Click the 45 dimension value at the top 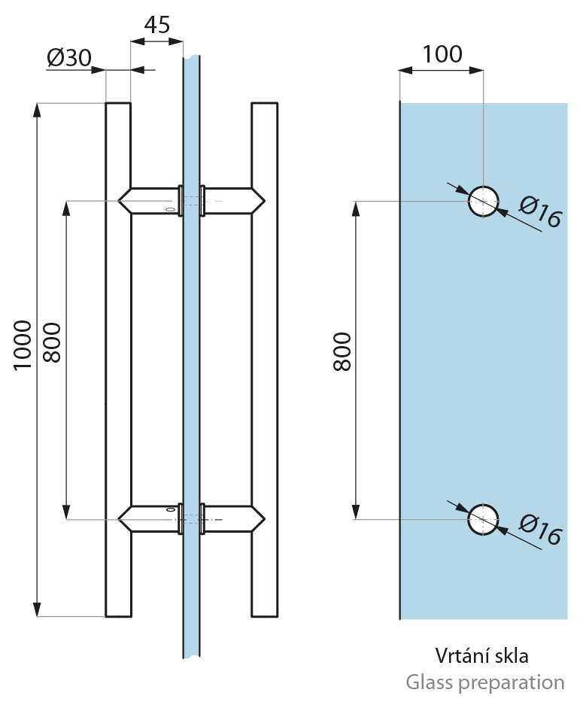(156, 25)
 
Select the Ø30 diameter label (68, 59)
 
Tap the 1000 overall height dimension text (23, 345)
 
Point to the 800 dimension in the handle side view (53, 343)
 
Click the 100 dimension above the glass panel (442, 54)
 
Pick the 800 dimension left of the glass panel (342, 351)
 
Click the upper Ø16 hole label (540, 213)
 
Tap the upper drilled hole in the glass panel (484, 202)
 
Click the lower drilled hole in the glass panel (484, 519)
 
